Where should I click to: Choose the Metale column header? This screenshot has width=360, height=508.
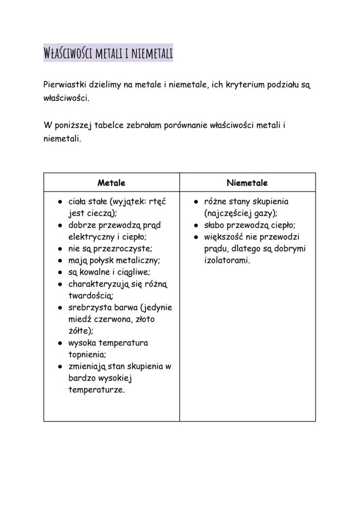point(111,183)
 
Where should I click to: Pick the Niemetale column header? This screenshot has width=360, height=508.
point(247,183)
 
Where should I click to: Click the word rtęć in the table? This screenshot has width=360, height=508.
point(158,202)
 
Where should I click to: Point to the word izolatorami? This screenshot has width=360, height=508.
point(227,260)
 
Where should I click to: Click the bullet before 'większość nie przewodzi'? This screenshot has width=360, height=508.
point(196,237)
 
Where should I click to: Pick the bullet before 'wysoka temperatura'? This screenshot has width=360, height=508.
point(60,343)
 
